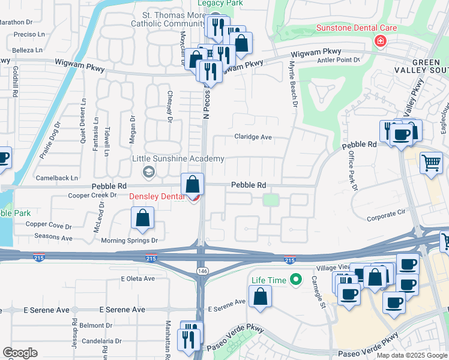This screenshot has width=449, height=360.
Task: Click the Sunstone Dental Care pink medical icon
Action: pos(379,41)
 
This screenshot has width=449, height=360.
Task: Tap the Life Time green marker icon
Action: pos(295,280)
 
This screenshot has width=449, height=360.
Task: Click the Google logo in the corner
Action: pos(20,353)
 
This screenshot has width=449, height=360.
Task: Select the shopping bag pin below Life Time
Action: pos(260,296)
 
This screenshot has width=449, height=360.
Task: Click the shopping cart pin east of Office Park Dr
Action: pos(431,162)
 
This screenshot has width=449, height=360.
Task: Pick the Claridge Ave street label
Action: pos(252,137)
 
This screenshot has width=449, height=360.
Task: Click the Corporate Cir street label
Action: pos(386,213)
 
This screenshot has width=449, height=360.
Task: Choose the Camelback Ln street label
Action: pos(57,178)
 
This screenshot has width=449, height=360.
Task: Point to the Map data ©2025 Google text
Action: pos(411,355)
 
